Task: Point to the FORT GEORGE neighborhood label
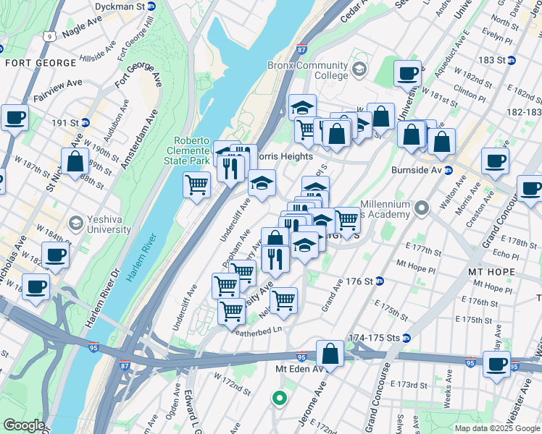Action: [x=41, y=63]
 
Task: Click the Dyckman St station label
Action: [x=120, y=6]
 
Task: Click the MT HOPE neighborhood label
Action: [x=492, y=272]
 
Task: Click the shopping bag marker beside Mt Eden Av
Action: [x=330, y=355]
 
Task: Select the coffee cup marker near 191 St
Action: [x=14, y=118]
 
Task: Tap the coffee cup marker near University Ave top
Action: [x=407, y=74]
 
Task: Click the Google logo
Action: [x=25, y=425]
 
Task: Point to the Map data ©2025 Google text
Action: [x=498, y=428]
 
